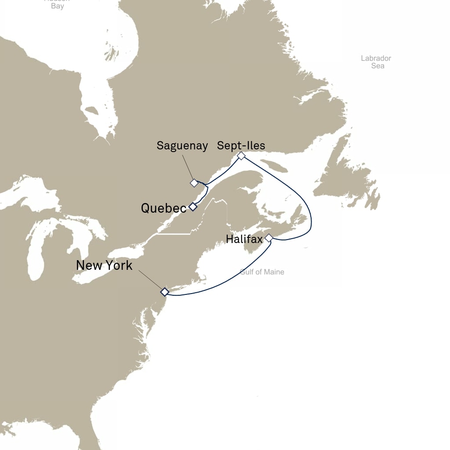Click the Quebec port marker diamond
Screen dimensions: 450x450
192,207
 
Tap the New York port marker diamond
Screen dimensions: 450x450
164,292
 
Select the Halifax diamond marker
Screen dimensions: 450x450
269,238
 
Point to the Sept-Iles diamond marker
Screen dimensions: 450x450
241,156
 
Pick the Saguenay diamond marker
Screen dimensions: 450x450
194,183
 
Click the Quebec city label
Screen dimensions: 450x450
163,208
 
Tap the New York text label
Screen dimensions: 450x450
104,265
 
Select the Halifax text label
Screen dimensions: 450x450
244,239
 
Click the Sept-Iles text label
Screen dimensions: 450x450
241,145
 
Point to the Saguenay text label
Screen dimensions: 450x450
182,146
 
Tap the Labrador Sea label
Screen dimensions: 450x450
376,62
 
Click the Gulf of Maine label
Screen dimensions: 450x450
262,272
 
